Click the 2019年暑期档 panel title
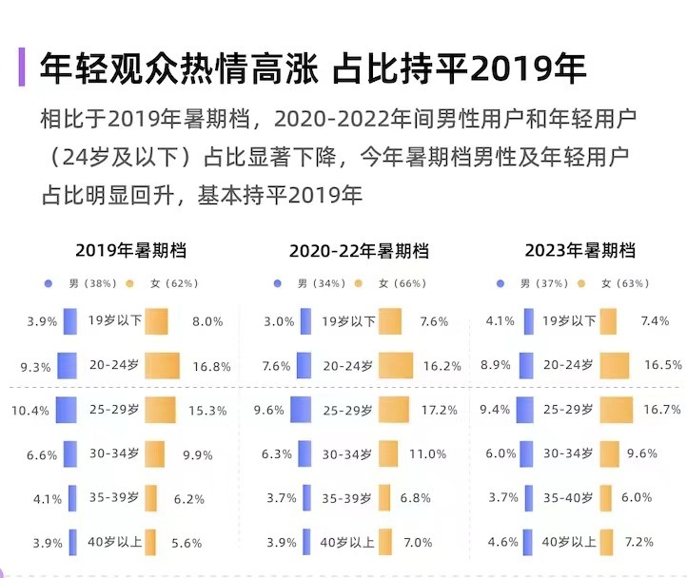[x=130, y=251]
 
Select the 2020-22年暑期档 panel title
[x=359, y=251]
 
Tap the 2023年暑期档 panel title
[x=579, y=251]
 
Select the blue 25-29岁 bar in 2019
[x=67, y=411]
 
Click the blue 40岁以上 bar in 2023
[x=528, y=543]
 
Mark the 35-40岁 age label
[x=569, y=497]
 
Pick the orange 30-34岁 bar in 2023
[x=610, y=454]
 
